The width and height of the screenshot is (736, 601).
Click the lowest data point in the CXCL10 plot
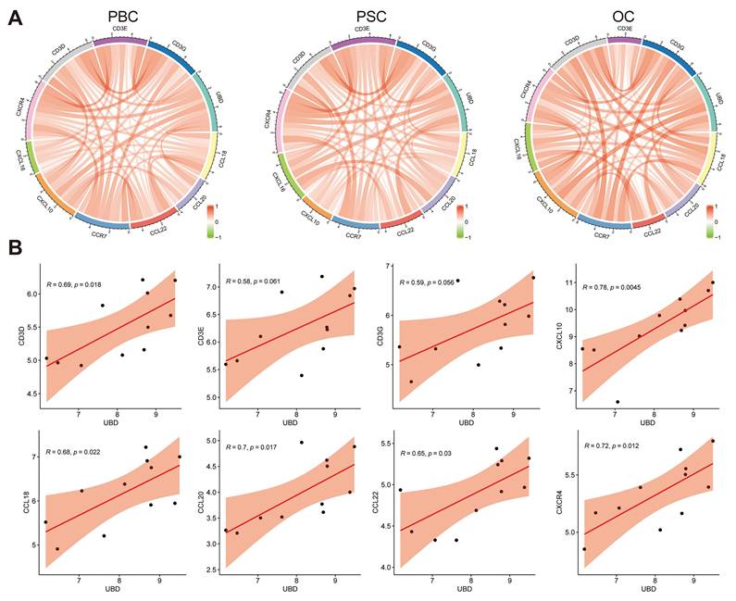pos(617,402)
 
